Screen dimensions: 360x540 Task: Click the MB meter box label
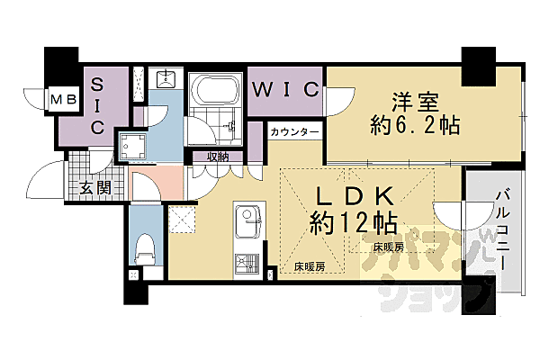click(x=62, y=98)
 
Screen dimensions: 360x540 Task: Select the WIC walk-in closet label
click(x=284, y=89)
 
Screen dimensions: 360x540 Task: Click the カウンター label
click(x=294, y=132)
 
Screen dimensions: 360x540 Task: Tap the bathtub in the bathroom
click(x=214, y=92)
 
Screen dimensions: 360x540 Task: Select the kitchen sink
click(x=247, y=220)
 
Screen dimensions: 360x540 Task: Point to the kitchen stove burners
click(x=247, y=262)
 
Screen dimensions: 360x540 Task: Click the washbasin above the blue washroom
click(x=166, y=78)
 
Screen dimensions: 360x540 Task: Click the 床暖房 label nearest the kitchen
click(x=310, y=266)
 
